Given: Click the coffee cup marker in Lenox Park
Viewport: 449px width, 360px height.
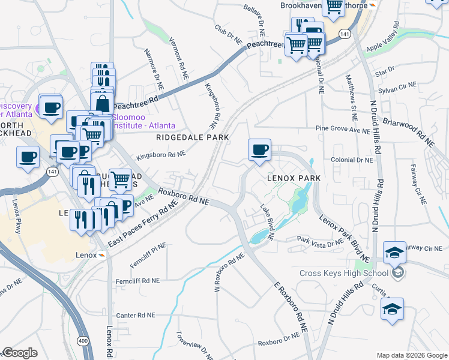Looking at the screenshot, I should tap(259, 150).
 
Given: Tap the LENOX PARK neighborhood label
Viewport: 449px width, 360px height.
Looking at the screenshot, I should tap(294, 179).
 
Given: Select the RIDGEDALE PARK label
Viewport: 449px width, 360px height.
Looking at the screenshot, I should tap(193, 137).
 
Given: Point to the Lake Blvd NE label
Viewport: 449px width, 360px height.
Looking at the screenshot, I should tap(267, 223).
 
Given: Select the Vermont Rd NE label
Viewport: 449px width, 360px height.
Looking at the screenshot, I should tap(179, 56).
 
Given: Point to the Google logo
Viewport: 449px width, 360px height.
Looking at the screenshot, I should tap(19, 353).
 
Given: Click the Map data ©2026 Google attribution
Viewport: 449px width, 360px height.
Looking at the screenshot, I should tap(412, 355).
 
